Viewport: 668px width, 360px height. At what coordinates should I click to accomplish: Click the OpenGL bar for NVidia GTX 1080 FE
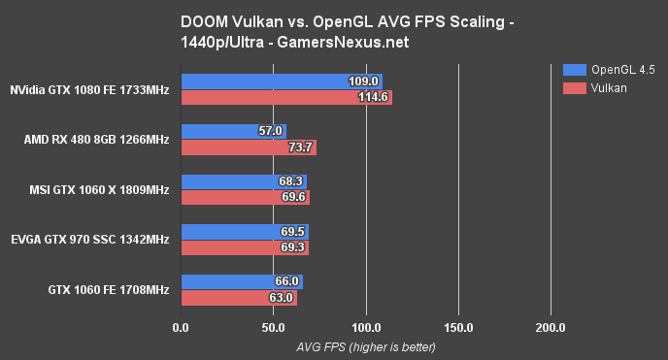[282, 81]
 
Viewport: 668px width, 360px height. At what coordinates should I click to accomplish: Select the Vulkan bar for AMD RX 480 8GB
[249, 147]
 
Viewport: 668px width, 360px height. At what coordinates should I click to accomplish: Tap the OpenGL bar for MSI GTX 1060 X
[244, 180]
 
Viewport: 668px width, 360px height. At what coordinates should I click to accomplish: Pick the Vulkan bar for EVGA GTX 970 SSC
[245, 248]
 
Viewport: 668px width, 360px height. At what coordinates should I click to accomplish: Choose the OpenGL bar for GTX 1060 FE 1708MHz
[242, 281]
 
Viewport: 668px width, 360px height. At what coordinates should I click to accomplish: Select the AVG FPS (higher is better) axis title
[365, 346]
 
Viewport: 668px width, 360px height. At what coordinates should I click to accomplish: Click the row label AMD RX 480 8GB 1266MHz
[96, 140]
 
